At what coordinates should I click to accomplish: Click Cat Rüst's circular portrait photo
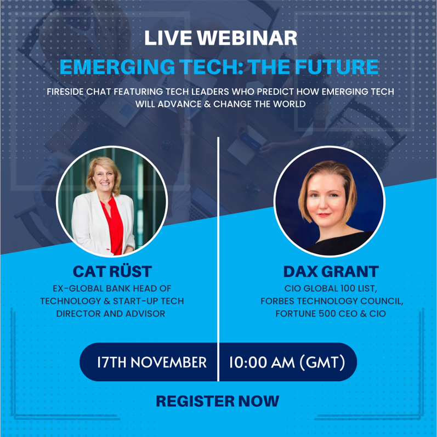[x=112, y=202]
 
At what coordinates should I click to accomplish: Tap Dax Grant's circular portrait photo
[x=329, y=202]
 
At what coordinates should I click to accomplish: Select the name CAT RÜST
[x=112, y=271]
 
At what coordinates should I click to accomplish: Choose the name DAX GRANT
[x=331, y=271]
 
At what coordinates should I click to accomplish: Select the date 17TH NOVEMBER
[x=152, y=362]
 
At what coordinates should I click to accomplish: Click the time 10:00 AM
[x=261, y=362]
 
